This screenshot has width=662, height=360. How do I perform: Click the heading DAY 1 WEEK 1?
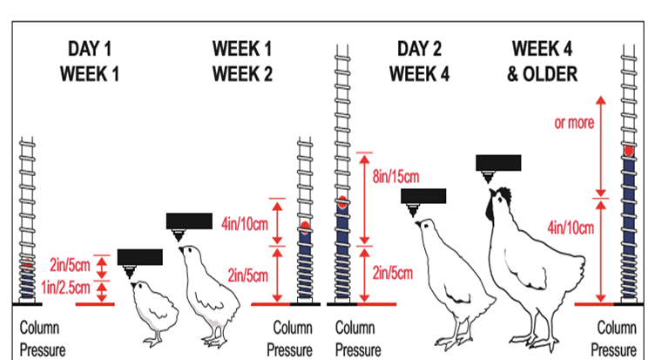pyautogui.click(x=90, y=61)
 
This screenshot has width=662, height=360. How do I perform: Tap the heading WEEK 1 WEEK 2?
pyautogui.click(x=242, y=61)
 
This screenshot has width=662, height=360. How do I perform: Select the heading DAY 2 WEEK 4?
pyautogui.click(x=419, y=61)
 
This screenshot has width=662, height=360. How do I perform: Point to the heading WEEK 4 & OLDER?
pyautogui.click(x=543, y=61)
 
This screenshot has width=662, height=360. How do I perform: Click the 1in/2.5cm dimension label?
pyautogui.click(x=65, y=288)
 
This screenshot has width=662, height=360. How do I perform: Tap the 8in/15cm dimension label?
pyautogui.click(x=395, y=176)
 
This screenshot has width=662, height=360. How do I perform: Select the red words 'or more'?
pyautogui.click(x=574, y=123)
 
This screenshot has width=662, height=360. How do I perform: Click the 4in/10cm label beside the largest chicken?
pyautogui.click(x=571, y=228)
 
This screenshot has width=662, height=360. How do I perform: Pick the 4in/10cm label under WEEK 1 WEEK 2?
pyautogui.click(x=245, y=223)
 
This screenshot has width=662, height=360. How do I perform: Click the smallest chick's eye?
pyautogui.click(x=139, y=286)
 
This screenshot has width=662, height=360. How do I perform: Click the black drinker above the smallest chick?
pyautogui.click(x=139, y=257)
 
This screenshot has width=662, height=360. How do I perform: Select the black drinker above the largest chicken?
pyautogui.click(x=498, y=163)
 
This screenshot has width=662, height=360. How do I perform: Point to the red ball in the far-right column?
pyautogui.click(x=629, y=151)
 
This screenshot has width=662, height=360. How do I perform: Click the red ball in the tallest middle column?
pyautogui.click(x=342, y=202)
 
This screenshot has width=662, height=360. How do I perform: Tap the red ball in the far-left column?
pyautogui.click(x=28, y=265)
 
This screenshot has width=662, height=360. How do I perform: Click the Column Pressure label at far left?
pyautogui.click(x=43, y=339)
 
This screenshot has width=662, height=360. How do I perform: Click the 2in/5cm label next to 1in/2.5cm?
pyautogui.click(x=70, y=265)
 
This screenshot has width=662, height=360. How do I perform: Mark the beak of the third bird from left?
pyautogui.click(x=418, y=223)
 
